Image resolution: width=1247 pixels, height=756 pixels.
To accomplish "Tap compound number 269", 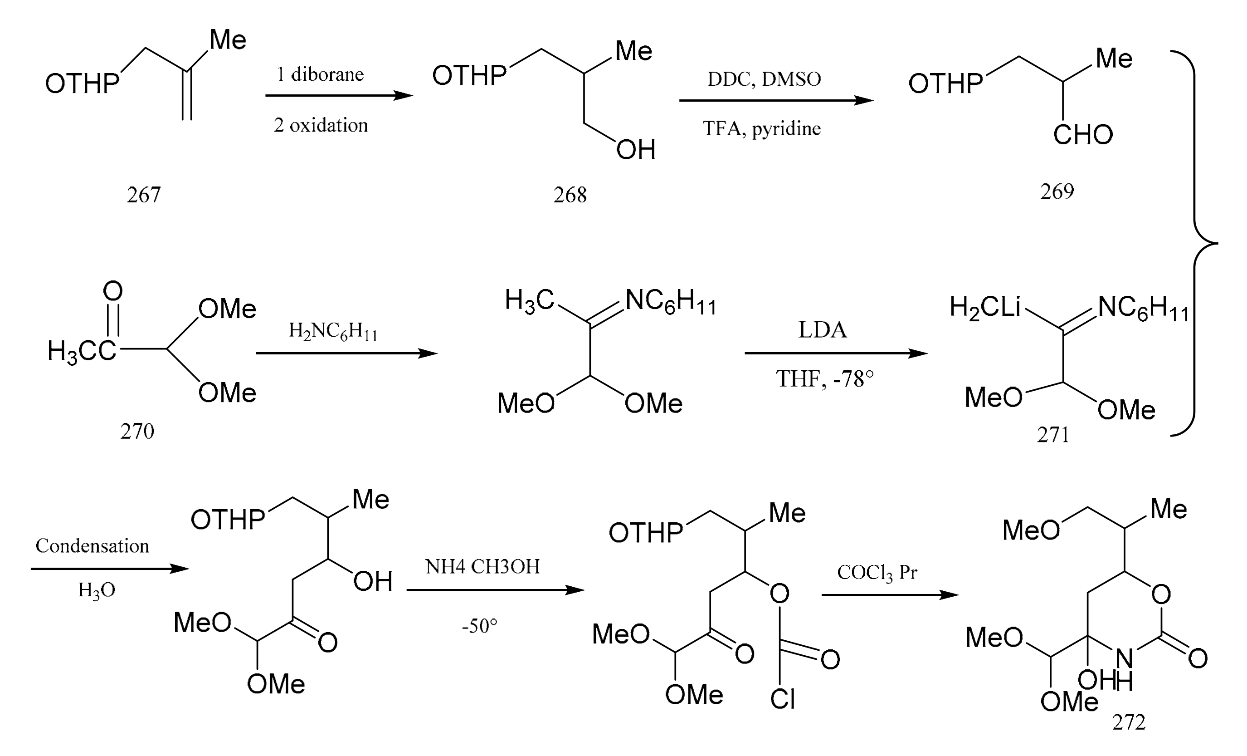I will coord(1057,191).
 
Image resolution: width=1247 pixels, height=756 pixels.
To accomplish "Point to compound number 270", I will coord(136,432).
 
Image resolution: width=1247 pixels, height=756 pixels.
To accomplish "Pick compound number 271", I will coord(1053,434).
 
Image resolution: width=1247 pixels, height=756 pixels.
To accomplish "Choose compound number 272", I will coord(1129,722).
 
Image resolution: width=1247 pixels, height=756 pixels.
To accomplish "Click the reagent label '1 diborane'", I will coord(320,74).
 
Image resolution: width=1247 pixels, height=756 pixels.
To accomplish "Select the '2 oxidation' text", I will coord(321,125).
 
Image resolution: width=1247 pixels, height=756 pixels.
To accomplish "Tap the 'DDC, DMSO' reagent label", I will coord(764,79).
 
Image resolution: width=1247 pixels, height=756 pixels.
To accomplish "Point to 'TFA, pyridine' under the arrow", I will coord(762,128).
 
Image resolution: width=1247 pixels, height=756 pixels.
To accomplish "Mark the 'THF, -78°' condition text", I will coord(825,379).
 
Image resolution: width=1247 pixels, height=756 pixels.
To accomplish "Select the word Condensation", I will coord(92,546).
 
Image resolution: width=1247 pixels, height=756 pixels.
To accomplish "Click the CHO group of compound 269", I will coord(1083,135).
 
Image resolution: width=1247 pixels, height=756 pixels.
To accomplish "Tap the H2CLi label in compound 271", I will coord(985,307).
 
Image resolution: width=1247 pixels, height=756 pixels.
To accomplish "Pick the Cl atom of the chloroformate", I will coord(782,700).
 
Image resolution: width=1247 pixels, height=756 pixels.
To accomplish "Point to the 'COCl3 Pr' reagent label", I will coord(877,573).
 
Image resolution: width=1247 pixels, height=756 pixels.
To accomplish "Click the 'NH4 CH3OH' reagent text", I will coord(482,567).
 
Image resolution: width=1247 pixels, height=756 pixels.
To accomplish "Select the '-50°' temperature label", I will coord(479,626).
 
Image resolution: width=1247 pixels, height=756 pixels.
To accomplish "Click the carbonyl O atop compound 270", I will coord(112,291).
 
